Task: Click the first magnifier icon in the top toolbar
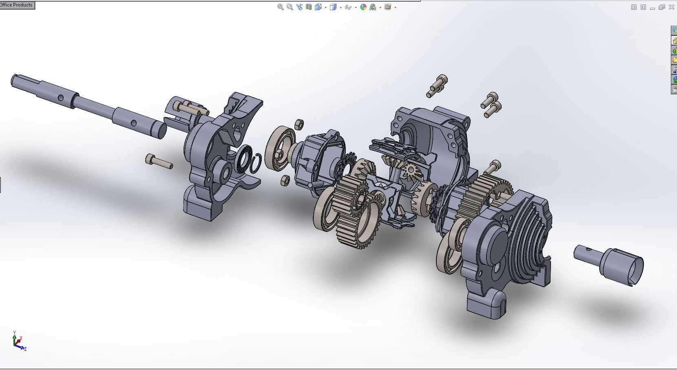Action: tap(281, 7)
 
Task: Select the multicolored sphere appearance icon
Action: tap(363, 7)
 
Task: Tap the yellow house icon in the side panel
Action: tap(674, 40)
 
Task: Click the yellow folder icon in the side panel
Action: tap(674, 60)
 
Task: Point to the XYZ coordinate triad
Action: tap(19, 341)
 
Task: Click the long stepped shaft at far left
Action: tap(88, 105)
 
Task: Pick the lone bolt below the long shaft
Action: tap(159, 161)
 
